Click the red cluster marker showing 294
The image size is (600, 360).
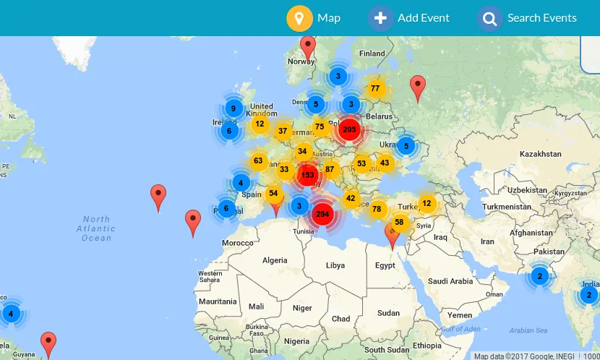tap(322, 214)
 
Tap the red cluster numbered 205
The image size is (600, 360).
tap(350, 129)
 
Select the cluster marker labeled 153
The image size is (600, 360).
tap(308, 175)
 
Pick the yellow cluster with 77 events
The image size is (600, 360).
tap(374, 89)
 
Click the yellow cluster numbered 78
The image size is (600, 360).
tap(377, 210)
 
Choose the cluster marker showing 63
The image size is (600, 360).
tap(258, 160)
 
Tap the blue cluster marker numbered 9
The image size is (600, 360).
tap(233, 109)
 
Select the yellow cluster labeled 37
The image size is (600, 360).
tap(282, 131)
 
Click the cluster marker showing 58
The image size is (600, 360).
tap(399, 223)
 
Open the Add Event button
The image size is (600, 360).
tap(381, 18)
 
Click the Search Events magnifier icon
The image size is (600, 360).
tap(489, 18)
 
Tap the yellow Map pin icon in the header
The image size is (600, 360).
tap(299, 18)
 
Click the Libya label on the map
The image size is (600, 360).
tap(335, 265)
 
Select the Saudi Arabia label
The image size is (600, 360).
tap(450, 280)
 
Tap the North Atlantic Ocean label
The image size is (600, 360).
tap(96, 228)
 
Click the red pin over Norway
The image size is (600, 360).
tap(309, 48)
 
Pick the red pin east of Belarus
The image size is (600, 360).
tap(417, 87)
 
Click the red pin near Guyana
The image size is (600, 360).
tap(48, 343)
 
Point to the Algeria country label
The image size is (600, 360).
tap(275, 260)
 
